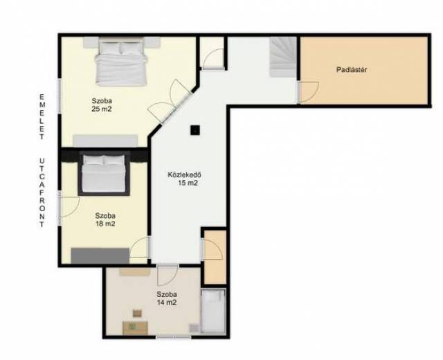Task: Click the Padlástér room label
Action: click(x=352, y=69)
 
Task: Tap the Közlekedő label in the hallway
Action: click(x=184, y=174)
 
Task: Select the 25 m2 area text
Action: click(x=102, y=109)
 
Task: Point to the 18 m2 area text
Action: click(x=105, y=224)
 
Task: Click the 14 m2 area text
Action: click(x=167, y=303)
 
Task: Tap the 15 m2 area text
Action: click(x=188, y=183)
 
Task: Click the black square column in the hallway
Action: click(x=195, y=130)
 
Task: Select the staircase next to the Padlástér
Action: click(x=282, y=57)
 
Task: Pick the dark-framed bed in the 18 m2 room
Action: click(x=105, y=174)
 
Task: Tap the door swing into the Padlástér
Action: click(x=309, y=92)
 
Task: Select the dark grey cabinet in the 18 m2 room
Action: click(x=100, y=255)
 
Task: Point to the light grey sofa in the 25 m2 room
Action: click(x=105, y=141)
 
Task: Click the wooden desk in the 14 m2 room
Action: click(x=135, y=327)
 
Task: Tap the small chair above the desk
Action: click(x=137, y=314)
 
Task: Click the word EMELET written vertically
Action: click(x=42, y=117)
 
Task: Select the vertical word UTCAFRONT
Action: click(x=42, y=192)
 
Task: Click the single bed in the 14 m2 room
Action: click(x=213, y=311)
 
